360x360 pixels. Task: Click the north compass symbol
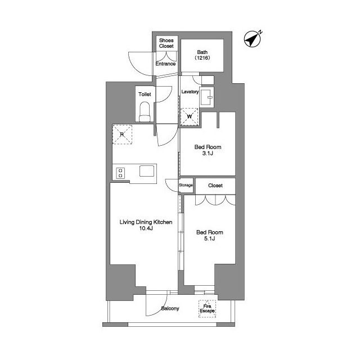coord(252,39)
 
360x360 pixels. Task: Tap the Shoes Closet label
coord(166,43)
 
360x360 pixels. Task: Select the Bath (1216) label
coord(202,55)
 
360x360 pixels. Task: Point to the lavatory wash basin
coord(206,97)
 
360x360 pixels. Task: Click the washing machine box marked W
coord(189,116)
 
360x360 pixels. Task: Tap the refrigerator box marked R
coord(122,134)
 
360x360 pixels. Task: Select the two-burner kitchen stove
coord(120,173)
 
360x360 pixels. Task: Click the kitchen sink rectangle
coord(147,171)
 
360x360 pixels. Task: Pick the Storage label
coord(186,185)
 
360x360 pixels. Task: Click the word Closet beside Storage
coord(215,186)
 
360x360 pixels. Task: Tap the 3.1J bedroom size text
coord(208,154)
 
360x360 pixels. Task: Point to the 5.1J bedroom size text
coord(210,238)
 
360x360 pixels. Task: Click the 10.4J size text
coord(146,228)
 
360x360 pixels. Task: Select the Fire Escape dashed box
coord(207,309)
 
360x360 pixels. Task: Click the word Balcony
coord(170,308)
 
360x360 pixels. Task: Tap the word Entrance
coord(165,64)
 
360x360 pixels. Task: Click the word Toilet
coord(145,94)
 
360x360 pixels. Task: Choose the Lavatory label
coord(190,92)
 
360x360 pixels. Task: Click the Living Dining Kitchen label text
coord(146,222)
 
